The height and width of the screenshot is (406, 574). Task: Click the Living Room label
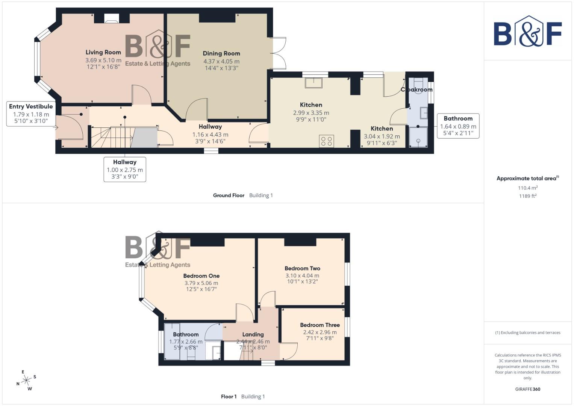[x=103, y=52]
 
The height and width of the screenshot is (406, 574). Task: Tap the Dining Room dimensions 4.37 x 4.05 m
[x=221, y=61]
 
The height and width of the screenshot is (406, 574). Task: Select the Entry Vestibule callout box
[x=31, y=113]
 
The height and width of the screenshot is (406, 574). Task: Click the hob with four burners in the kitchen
[x=326, y=141]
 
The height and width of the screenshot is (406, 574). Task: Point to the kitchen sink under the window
[x=314, y=82]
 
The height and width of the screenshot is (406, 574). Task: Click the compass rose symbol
[x=26, y=380]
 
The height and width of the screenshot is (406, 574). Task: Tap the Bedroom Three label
[x=320, y=325]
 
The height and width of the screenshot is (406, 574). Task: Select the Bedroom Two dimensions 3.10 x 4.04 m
[x=302, y=276]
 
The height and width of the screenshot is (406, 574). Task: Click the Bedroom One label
[x=201, y=276]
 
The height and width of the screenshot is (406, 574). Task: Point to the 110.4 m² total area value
[x=527, y=188]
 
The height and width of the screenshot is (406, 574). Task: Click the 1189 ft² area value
[x=527, y=196]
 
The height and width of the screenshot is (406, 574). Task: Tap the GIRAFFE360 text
[x=527, y=389]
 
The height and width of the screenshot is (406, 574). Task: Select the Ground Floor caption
[x=229, y=195]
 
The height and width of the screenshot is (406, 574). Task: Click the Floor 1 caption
[x=229, y=397]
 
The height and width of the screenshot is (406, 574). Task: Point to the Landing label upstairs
[x=253, y=334]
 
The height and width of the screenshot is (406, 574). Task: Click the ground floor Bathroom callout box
[x=458, y=126]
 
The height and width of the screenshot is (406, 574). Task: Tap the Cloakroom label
[x=416, y=89]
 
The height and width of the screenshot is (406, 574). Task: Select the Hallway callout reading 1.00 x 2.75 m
[x=125, y=170]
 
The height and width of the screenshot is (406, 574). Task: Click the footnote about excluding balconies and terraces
[x=527, y=333]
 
